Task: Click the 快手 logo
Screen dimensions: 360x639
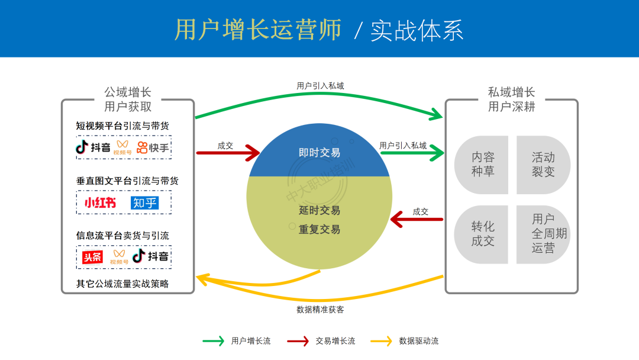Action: [153, 147]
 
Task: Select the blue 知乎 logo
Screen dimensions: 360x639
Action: [145, 203]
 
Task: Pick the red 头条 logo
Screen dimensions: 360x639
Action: [93, 257]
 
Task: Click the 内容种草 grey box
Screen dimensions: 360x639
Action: [483, 165]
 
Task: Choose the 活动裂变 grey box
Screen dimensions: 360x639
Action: [543, 165]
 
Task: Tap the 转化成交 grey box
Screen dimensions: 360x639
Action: [483, 234]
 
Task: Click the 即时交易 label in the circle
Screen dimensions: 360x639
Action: [319, 153]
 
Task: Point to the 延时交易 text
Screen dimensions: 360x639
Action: [319, 210]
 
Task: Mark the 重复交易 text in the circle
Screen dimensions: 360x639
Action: [319, 229]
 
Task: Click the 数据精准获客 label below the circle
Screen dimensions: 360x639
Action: [320, 309]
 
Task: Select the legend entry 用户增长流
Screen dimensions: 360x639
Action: [251, 341]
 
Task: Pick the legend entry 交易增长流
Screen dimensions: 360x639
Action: [335, 341]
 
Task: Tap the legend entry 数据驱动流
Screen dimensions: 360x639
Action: [419, 341]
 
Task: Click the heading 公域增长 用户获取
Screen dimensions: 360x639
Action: [128, 99]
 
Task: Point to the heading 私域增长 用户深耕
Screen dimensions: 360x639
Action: [512, 99]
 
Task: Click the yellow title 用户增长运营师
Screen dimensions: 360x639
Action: [258, 30]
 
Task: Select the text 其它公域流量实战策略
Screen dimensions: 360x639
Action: [122, 284]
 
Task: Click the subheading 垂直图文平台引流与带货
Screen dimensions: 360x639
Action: [127, 181]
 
